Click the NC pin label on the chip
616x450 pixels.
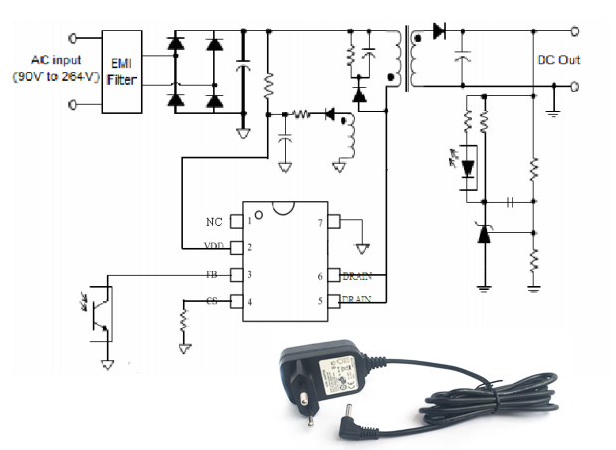point(214,221)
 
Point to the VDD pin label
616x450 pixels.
point(213,246)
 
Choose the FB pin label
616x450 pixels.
point(212,274)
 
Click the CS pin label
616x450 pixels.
point(212,301)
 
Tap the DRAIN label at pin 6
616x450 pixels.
point(356,274)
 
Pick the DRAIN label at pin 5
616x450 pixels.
point(356,299)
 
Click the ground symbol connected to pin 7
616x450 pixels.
point(365,243)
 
